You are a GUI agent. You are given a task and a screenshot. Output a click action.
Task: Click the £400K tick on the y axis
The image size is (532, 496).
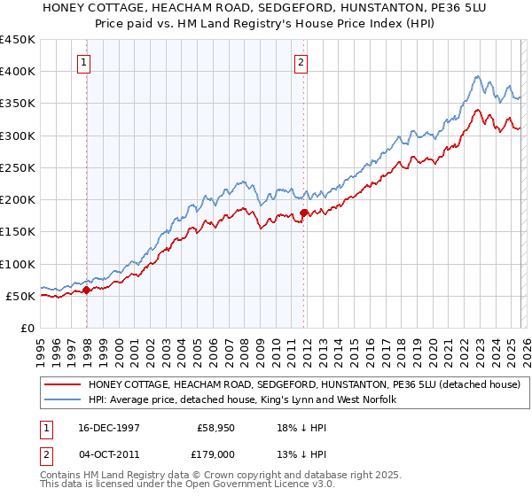click(18, 72)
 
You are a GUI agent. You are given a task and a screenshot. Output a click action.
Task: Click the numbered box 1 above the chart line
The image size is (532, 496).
click(82, 62)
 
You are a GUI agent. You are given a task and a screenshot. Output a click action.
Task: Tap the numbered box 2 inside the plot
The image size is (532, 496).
click(301, 62)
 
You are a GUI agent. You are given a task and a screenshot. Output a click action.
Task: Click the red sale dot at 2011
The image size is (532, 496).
click(303, 213)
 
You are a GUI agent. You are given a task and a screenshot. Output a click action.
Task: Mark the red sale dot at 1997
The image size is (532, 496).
click(87, 291)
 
